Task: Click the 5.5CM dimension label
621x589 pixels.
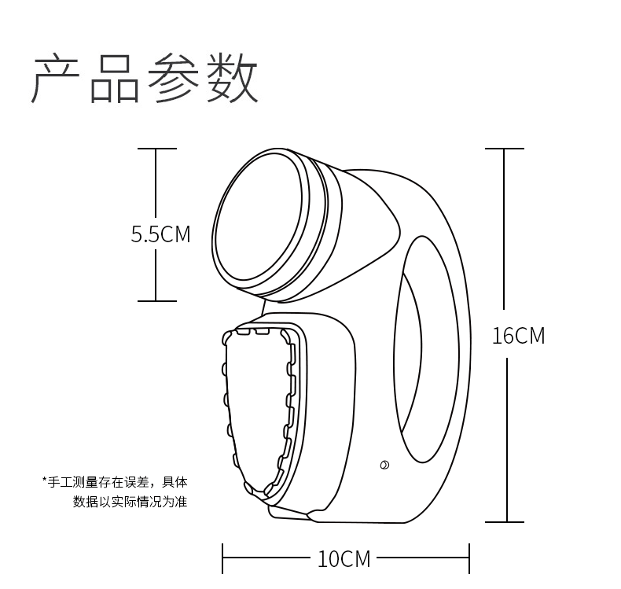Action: pos(160,234)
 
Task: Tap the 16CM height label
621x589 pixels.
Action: pos(518,336)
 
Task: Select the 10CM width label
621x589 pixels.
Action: pos(344,559)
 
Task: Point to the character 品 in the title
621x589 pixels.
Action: pos(114,79)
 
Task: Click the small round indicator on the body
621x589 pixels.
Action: pos(384,465)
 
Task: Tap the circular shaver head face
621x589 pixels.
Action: pos(259,216)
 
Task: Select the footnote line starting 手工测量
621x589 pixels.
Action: pos(118,481)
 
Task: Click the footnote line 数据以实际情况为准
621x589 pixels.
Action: pos(130,501)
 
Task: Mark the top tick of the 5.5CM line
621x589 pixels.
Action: pos(156,149)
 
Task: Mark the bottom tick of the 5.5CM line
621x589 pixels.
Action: pos(156,300)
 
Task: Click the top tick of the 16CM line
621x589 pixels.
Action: pos(504,149)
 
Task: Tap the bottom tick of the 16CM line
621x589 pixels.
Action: pos(504,521)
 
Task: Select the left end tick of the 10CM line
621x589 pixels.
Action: pos(223,559)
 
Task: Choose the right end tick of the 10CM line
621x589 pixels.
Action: pos(469,559)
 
